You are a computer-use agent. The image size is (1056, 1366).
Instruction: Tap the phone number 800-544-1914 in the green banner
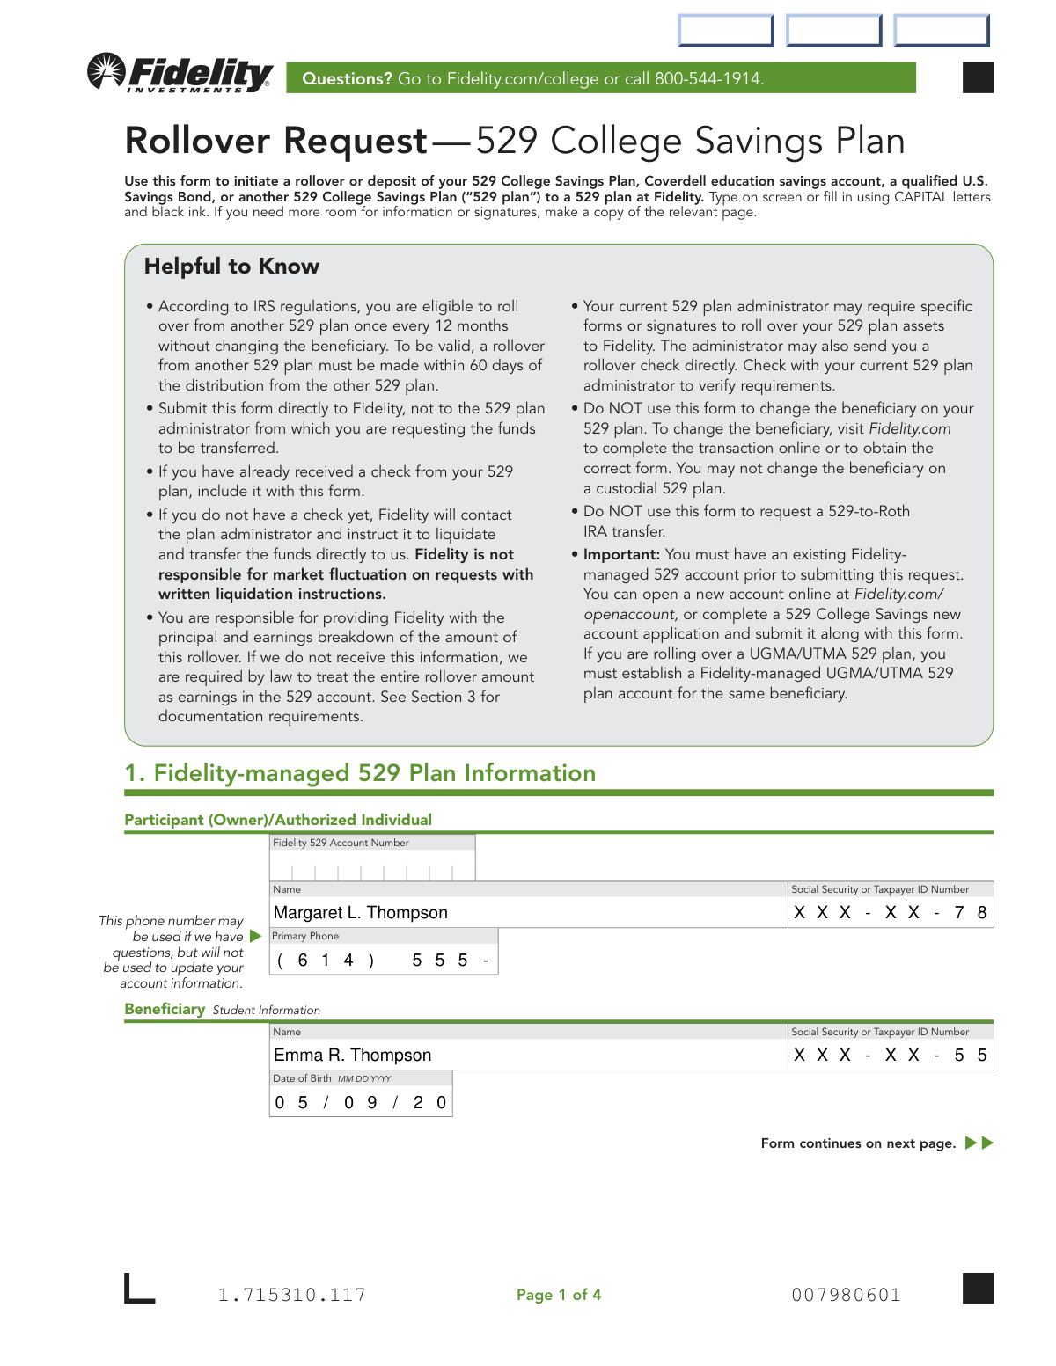pos(708,79)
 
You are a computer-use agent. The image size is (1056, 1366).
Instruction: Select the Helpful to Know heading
pos(231,267)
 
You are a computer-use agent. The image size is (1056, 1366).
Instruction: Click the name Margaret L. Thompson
pos(361,913)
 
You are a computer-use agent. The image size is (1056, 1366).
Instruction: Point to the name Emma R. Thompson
pos(353,1056)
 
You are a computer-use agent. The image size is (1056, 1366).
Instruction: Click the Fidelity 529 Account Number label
pos(341,843)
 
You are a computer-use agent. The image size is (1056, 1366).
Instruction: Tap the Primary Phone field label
pos(305,936)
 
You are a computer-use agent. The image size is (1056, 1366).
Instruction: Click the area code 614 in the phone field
pos(326,961)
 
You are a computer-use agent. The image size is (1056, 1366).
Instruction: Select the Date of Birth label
pos(302,1078)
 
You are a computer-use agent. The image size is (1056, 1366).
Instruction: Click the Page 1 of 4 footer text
pos(559,1295)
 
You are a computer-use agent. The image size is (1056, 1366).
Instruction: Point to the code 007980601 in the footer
pos(846,1295)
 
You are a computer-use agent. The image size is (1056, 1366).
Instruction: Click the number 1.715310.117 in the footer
pos(292,1295)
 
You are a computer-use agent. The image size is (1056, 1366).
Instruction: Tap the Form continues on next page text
pos(858,1143)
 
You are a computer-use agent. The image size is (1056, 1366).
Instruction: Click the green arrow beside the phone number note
pos(255,936)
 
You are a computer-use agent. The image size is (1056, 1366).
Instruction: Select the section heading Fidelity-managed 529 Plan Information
pos(374,773)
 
